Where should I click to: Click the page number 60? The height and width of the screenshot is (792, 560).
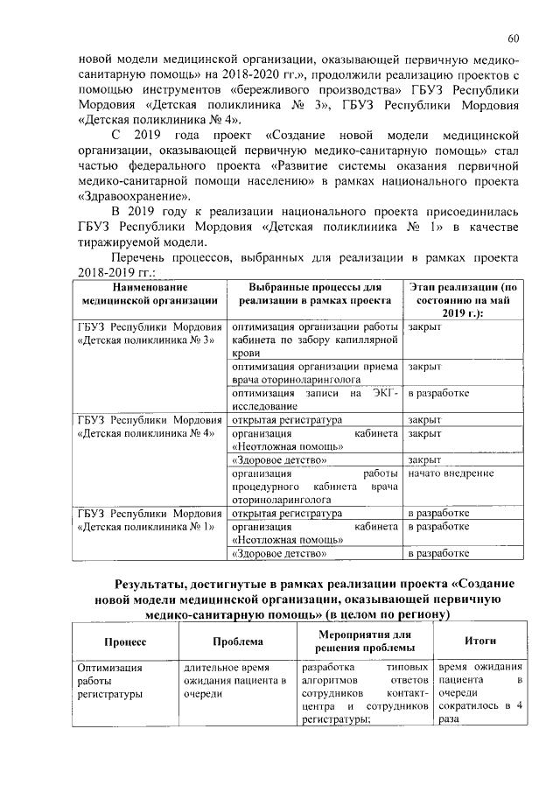coord(514,38)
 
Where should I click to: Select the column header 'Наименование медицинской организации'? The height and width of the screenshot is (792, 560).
coord(148,293)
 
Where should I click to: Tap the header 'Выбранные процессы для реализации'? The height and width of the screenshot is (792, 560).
coord(314,293)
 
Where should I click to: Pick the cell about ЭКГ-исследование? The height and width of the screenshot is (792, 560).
coord(314,399)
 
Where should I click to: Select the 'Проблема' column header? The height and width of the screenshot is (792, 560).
coord(236,641)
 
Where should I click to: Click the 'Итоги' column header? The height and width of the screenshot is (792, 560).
coord(480,641)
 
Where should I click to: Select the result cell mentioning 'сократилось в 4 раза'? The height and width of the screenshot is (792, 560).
coord(480,691)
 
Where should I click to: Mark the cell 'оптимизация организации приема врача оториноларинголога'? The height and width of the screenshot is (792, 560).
coord(314,374)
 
